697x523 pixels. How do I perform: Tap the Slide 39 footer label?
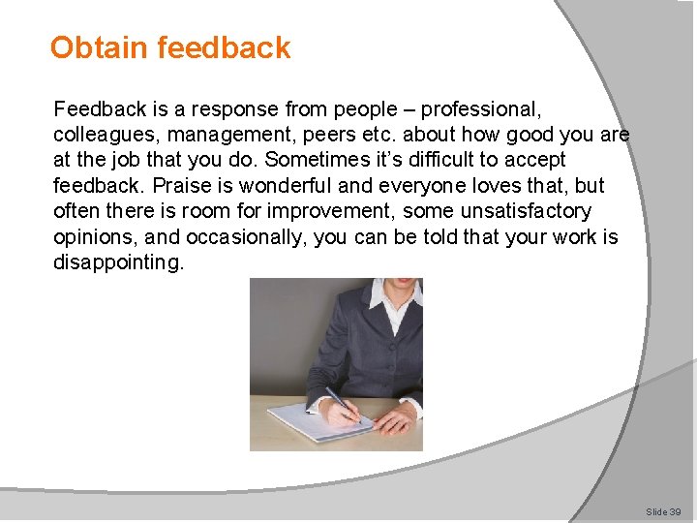[x=663, y=510]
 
